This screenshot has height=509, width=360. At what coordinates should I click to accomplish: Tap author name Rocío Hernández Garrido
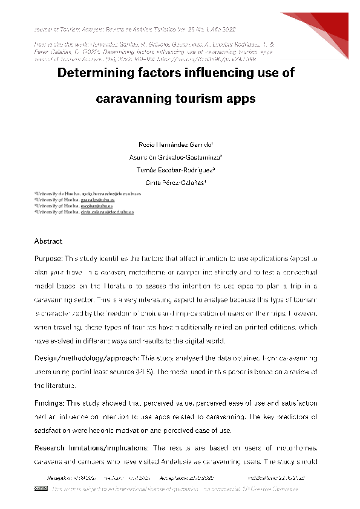pos(180,144)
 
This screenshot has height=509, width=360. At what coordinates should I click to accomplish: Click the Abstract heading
pos(48,241)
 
